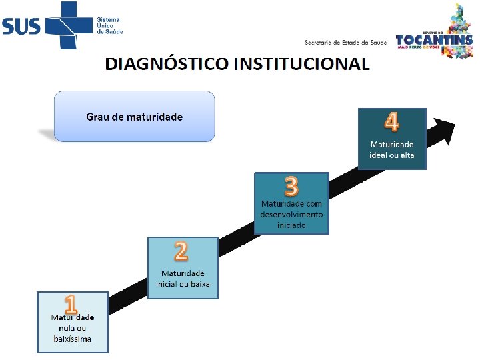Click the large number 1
pyautogui.click(x=71, y=305)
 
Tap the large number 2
pyautogui.click(x=181, y=251)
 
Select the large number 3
pyautogui.click(x=291, y=186)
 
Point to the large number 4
pyautogui.click(x=392, y=123)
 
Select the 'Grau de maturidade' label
pyautogui.click(x=134, y=117)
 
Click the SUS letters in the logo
pyautogui.click(x=21, y=26)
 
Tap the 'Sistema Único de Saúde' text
pyautogui.click(x=110, y=26)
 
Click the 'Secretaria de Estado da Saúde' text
pyautogui.click(x=346, y=43)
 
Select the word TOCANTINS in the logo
pyautogui.click(x=434, y=40)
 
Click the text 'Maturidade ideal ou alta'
pyautogui.click(x=392, y=149)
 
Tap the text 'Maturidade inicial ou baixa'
pyautogui.click(x=183, y=279)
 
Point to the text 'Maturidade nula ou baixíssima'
pyautogui.click(x=73, y=328)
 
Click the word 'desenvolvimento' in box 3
pyautogui.click(x=291, y=215)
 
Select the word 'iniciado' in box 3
pyautogui.click(x=291, y=225)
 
